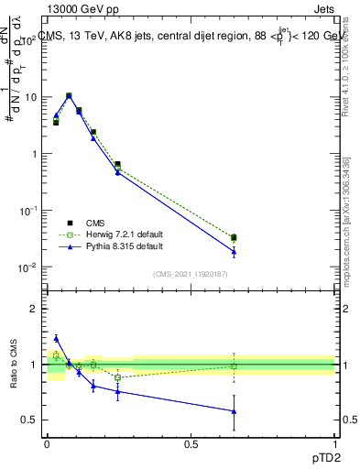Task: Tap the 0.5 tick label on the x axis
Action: tap(191, 443)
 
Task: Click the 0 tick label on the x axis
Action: tap(47, 443)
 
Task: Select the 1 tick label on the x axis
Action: tap(334, 443)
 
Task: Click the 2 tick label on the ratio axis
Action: tap(33, 309)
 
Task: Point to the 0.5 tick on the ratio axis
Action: tap(29, 420)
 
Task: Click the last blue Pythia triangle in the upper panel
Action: tap(234, 252)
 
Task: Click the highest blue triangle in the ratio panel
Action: tap(56, 338)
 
